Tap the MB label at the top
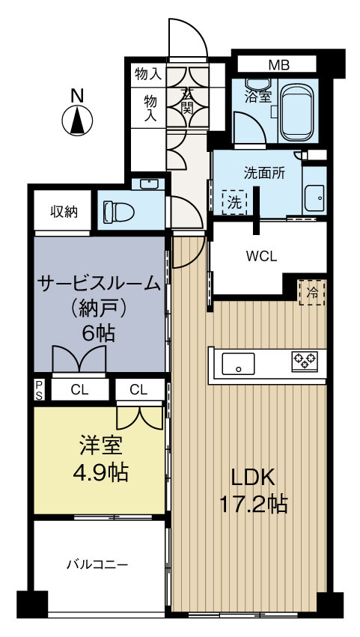point(279,64)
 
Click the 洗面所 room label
point(264,172)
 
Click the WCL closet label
point(262,255)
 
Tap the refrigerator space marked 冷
point(312,292)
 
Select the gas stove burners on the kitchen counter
point(304,362)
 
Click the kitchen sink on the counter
point(239,365)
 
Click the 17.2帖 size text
point(253,504)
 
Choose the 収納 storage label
point(64,211)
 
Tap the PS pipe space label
point(40,388)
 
